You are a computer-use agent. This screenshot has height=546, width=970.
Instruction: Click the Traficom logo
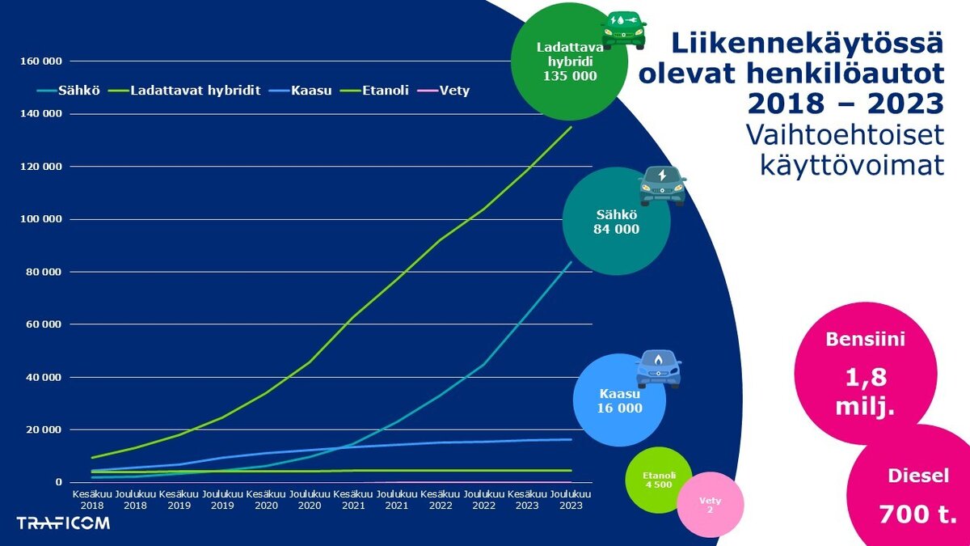63,523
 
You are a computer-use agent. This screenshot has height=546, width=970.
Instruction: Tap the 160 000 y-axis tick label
41,61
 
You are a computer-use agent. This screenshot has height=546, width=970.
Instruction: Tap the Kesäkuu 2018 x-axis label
91,498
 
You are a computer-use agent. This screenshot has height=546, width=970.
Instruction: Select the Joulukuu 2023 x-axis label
571,498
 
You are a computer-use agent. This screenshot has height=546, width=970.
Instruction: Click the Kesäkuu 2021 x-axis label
352,498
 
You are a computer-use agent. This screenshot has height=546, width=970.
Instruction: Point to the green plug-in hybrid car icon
623,29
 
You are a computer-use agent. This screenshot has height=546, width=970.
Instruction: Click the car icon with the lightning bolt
662,185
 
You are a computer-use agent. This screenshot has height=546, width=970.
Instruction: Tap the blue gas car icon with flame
659,369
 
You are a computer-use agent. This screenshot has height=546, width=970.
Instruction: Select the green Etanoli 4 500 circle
658,480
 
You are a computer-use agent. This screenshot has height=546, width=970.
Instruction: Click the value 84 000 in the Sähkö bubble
617,229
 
